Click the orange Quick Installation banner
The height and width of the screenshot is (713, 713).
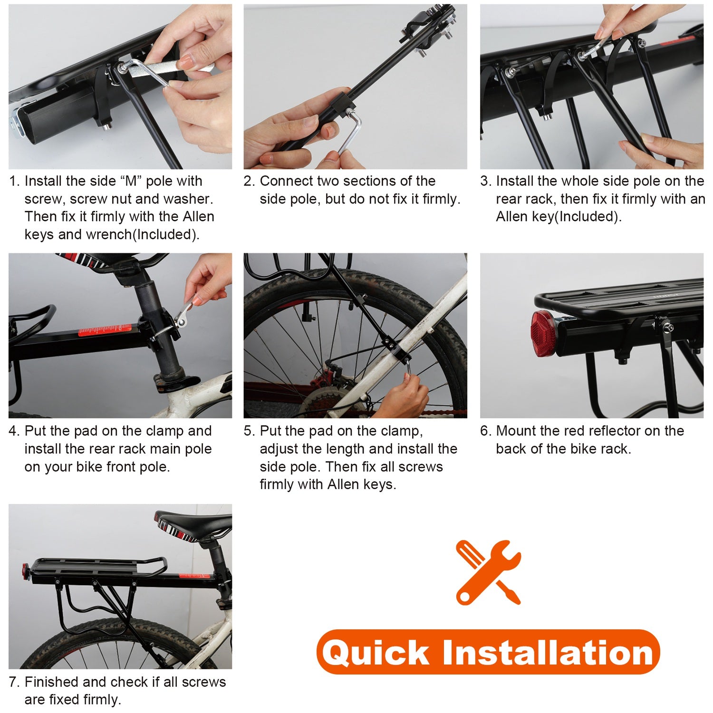(x=488, y=652)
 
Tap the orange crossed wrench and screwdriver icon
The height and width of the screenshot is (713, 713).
(x=488, y=572)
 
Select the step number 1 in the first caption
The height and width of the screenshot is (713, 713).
(x=14, y=181)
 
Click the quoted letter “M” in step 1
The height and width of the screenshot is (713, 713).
(x=131, y=181)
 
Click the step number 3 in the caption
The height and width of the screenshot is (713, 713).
(x=485, y=181)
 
